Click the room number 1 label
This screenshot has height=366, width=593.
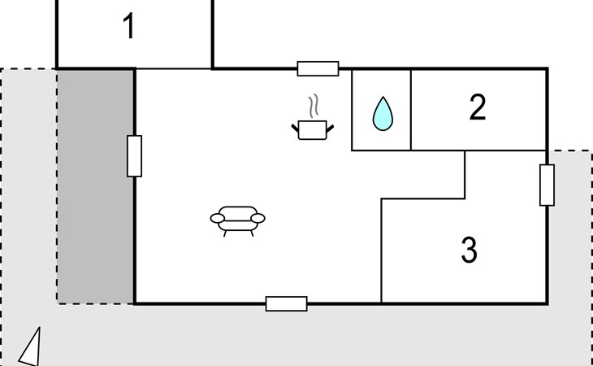pos(129,26)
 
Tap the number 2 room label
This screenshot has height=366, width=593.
pos(478,107)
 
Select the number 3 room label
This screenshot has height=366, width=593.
pos(470,250)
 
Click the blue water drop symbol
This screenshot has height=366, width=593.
pos(383,114)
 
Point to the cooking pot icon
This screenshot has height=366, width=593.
pos(313,130)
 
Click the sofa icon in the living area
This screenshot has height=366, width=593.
pos(237,220)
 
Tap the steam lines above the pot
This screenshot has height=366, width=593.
pos(314,106)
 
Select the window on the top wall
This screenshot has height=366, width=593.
pos(318,68)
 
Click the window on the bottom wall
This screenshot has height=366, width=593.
pos(286,304)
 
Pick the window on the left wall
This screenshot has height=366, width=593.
pos(134,156)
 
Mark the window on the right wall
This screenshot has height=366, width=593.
pos(547,185)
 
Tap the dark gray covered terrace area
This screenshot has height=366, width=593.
pos(95,186)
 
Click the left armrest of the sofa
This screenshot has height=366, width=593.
pos(217,219)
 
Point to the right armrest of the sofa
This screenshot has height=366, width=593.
pos(258,219)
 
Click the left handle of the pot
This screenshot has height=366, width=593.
pos(295,128)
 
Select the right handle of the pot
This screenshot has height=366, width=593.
pos(330,129)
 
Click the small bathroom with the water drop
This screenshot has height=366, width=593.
pos(381,110)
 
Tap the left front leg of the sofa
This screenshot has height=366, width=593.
pos(225,233)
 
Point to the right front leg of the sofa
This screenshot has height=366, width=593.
pos(252,233)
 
